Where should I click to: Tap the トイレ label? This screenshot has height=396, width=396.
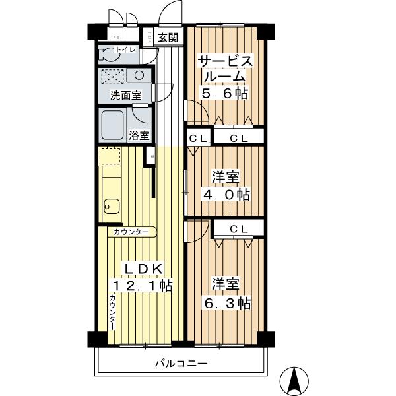click(126, 50)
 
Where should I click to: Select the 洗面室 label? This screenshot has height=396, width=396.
click(125, 96)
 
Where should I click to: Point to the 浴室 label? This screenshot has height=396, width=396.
click(139, 137)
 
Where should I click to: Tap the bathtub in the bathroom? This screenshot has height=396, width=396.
click(116, 123)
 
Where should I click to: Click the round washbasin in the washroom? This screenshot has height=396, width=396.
click(139, 75)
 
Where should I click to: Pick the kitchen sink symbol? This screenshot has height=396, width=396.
click(110, 207)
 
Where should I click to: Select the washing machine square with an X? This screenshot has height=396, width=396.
click(112, 77)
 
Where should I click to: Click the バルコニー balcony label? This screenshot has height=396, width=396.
click(181, 363)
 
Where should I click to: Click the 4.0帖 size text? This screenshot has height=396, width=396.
click(224, 195)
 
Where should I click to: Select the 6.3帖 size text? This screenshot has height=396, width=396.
click(225, 303)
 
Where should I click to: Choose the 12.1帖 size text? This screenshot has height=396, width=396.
click(142, 286)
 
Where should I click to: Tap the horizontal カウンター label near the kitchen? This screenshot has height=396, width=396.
click(130, 232)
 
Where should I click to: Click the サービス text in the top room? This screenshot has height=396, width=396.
click(225, 61)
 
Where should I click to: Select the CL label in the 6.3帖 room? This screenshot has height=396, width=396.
click(239, 228)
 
